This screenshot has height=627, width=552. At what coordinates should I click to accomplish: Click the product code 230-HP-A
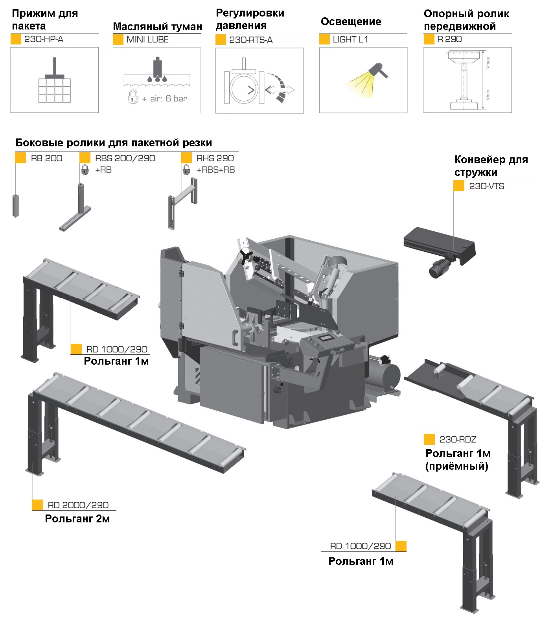coord(44,39)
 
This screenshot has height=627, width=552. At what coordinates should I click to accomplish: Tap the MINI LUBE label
coord(147,40)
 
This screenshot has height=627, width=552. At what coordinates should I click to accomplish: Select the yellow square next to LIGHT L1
coord(324,39)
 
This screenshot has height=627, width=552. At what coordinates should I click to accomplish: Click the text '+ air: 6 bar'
coord(164,99)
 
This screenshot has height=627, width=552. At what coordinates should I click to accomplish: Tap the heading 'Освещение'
coord(351,22)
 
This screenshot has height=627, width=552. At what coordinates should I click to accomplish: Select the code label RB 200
coord(46,158)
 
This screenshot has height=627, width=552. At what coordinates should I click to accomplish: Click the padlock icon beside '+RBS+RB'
coord(186,170)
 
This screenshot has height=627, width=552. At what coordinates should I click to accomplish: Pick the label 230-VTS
coord(486,186)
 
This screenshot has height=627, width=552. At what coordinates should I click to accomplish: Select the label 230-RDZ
coord(458,439)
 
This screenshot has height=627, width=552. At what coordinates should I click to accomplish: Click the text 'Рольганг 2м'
coord(77,519)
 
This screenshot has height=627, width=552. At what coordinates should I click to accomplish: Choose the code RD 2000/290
coord(78,505)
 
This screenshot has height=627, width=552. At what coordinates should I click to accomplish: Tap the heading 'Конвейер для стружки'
coord(491,166)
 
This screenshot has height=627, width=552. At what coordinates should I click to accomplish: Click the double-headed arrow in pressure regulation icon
coord(280,90)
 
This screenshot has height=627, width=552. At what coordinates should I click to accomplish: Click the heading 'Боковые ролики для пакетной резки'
coord(114,143)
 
